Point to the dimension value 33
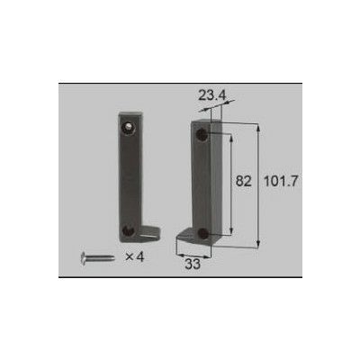coord(193,264)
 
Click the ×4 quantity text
coord(135,256)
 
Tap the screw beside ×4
coord(97,257)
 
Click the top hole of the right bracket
coord(204,132)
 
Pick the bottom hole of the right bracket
coord(203,233)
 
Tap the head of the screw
coord(85,257)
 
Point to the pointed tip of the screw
coord(112,257)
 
